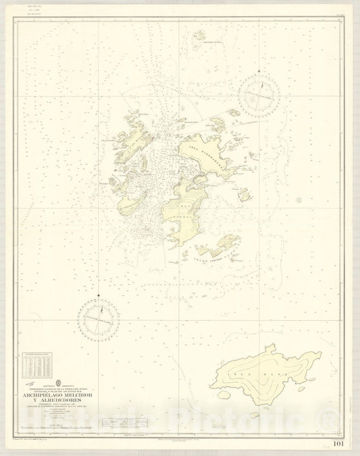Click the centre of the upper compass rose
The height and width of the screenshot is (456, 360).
pos(259,93)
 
